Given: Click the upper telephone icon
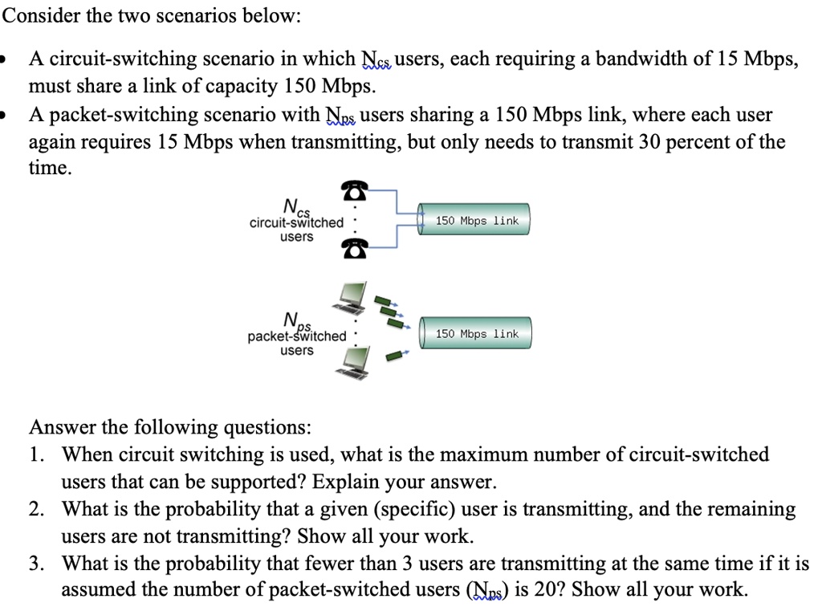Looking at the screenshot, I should pyautogui.click(x=355, y=190).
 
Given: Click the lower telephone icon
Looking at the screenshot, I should pyautogui.click(x=355, y=249).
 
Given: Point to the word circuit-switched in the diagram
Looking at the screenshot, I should pyautogui.click(x=296, y=222).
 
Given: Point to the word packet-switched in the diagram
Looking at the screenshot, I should pyautogui.click(x=297, y=336).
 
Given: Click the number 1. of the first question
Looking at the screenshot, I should pyautogui.click(x=36, y=455).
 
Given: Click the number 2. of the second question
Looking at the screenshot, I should pyautogui.click(x=36, y=510).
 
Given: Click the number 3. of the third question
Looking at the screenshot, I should pyautogui.click(x=36, y=564).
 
